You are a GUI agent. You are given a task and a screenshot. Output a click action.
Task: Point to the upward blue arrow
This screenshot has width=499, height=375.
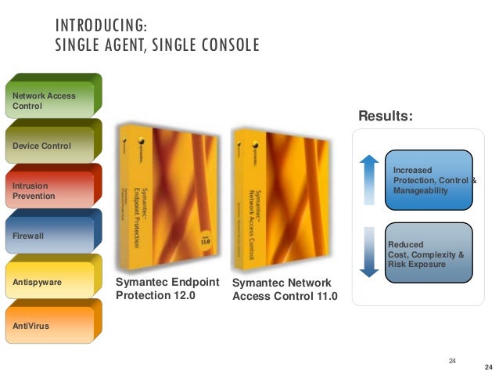point(369,179)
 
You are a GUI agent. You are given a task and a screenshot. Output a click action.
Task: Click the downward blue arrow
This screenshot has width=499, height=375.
point(369,250)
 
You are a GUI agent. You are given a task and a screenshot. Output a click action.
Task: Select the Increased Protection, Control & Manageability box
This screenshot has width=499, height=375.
point(431,179)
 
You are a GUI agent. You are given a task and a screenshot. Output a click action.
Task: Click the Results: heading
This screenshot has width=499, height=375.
point(385,117)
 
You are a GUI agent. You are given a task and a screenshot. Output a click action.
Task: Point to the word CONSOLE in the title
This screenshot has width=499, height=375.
point(227,45)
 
